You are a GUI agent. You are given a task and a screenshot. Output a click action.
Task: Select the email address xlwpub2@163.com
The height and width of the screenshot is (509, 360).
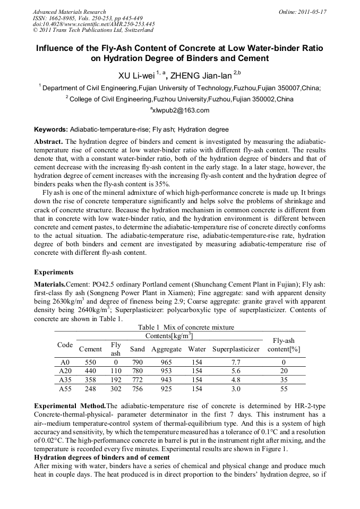[x=180, y=110]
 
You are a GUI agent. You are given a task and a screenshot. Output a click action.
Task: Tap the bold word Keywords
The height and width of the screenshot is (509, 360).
[x=50, y=130]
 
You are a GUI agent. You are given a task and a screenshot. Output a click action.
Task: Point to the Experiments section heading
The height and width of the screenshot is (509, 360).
[x=54, y=272]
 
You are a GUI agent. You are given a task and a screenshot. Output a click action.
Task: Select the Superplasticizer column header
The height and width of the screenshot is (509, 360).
[x=236, y=349]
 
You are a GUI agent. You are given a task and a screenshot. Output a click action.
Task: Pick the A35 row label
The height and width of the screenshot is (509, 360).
[x=65, y=381]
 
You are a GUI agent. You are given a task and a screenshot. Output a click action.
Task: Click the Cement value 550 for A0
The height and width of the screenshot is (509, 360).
[x=90, y=361]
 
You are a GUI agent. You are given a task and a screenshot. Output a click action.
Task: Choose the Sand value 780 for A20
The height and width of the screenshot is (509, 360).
[x=137, y=371]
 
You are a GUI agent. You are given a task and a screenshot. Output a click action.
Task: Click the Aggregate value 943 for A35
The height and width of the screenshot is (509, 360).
[x=166, y=381]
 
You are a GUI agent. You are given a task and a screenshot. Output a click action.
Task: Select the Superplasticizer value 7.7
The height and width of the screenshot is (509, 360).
[x=236, y=361]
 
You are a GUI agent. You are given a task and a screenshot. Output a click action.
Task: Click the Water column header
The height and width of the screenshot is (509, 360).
[x=197, y=349]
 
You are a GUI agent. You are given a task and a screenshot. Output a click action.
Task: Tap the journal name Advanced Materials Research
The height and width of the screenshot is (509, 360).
[x=69, y=12]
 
